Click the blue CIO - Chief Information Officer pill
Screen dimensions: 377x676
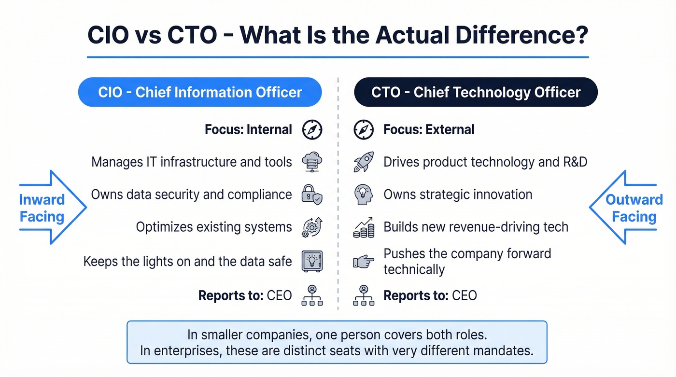coord(199,92)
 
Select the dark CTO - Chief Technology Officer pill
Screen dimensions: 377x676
coord(476,92)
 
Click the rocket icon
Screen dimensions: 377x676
coord(363,162)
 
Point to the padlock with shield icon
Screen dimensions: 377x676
coord(312,195)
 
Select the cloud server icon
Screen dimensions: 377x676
coord(312,162)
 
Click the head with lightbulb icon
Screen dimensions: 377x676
coord(363,195)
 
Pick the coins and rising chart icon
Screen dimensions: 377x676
coord(363,227)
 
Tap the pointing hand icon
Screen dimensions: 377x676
coord(363,262)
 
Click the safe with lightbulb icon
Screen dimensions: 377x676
coord(312,262)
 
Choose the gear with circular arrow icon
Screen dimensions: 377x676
coord(312,227)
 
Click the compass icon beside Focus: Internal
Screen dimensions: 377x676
coord(312,130)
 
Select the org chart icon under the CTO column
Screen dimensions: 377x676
coord(363,295)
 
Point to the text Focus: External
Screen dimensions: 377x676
coord(429,130)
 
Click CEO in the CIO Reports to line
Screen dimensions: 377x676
coord(279,295)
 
